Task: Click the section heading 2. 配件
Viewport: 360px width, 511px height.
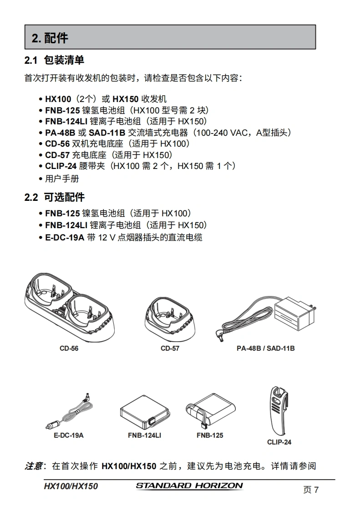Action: [x=50, y=38]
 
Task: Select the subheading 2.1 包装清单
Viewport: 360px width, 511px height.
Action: [x=54, y=60]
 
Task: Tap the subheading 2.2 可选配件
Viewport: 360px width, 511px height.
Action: [x=55, y=197]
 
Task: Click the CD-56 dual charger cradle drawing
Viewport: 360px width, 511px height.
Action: [x=69, y=307]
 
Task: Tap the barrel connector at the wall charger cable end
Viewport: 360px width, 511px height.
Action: [x=219, y=335]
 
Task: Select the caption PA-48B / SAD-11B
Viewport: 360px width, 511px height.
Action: [x=265, y=348]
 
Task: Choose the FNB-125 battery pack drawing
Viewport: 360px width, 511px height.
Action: [x=210, y=411]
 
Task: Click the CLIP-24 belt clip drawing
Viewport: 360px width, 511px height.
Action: [x=279, y=411]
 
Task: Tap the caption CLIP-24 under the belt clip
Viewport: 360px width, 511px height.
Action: [x=279, y=442]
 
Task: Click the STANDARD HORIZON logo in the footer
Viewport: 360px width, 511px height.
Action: [x=189, y=485]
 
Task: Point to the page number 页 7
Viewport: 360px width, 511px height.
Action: [x=311, y=490]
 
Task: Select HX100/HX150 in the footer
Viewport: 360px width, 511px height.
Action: [x=71, y=486]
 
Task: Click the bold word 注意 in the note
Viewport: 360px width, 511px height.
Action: [x=34, y=466]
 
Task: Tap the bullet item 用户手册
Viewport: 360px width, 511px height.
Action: [x=62, y=179]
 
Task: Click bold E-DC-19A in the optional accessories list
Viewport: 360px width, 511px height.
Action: [x=65, y=237]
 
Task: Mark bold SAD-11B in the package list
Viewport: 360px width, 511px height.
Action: [x=107, y=133]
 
